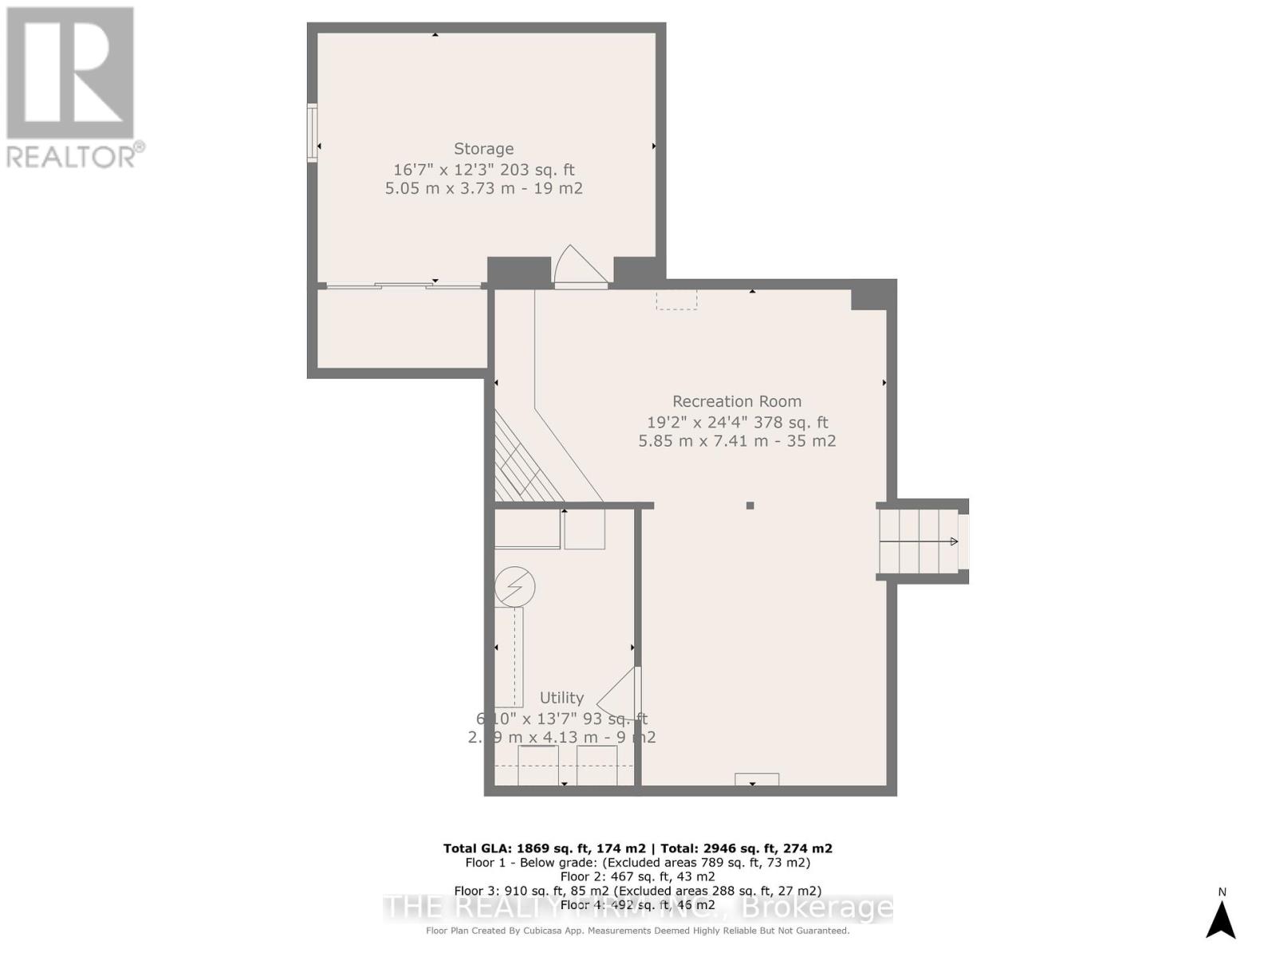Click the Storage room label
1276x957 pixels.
pyautogui.click(x=483, y=149)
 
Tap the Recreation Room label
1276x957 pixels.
pyautogui.click(x=736, y=402)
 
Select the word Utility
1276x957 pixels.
pyautogui.click(x=561, y=698)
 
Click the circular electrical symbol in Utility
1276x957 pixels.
pyautogui.click(x=514, y=588)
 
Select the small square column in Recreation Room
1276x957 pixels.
pyautogui.click(x=750, y=506)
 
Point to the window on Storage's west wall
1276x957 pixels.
pyautogui.click(x=313, y=133)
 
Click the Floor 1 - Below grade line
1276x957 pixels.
pyautogui.click(x=637, y=863)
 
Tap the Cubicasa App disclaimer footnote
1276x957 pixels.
pyautogui.click(x=637, y=931)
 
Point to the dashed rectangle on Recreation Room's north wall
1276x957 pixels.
pyautogui.click(x=676, y=299)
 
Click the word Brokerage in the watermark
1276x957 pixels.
pyautogui.click(x=817, y=908)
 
